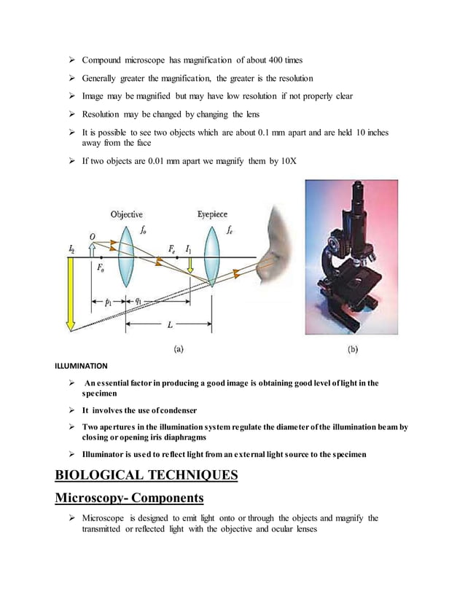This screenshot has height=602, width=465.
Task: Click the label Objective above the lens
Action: (126, 214)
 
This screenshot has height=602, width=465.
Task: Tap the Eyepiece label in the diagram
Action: (212, 214)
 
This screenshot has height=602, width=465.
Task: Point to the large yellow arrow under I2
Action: (71, 292)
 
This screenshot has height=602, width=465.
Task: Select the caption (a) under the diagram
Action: (177, 349)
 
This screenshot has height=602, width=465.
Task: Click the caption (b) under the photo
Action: (352, 349)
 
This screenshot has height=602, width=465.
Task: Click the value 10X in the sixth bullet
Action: (289, 160)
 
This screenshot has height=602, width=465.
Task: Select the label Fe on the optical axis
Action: (171, 249)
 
